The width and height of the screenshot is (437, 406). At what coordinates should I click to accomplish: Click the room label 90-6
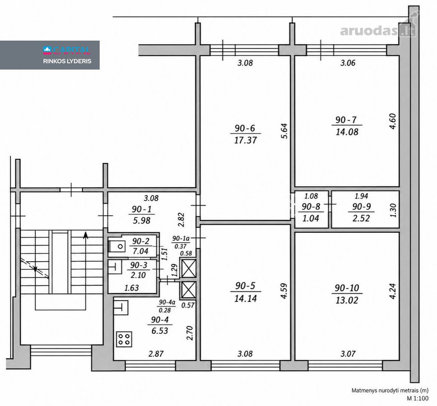(245, 128)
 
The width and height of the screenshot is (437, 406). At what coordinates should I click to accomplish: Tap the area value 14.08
(347, 132)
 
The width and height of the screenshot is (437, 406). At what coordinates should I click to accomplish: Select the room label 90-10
(347, 288)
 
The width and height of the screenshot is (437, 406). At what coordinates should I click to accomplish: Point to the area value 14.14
(246, 299)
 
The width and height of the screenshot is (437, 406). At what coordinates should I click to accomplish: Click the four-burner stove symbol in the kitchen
(124, 339)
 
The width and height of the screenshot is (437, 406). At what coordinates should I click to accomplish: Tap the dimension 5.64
(284, 131)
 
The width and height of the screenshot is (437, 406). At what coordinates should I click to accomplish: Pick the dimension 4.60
(392, 121)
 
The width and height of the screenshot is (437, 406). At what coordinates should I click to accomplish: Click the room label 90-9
(362, 207)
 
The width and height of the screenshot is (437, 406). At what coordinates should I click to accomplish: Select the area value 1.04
(311, 218)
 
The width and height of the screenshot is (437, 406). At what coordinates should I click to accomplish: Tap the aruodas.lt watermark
(378, 31)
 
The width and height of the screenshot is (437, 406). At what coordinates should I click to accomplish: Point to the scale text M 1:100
(418, 398)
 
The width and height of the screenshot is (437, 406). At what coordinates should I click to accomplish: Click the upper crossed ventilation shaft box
(189, 268)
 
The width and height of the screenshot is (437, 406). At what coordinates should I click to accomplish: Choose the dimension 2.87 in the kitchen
(156, 354)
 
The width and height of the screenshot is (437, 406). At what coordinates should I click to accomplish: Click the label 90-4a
(167, 302)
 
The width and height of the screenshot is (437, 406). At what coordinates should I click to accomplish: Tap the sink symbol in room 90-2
(117, 246)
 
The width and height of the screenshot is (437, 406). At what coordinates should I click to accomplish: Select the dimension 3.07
(348, 354)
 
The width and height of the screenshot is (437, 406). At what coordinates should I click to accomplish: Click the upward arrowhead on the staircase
(86, 235)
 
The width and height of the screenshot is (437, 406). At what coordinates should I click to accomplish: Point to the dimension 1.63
(131, 288)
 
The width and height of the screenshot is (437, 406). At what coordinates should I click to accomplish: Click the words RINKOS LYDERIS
(67, 61)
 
